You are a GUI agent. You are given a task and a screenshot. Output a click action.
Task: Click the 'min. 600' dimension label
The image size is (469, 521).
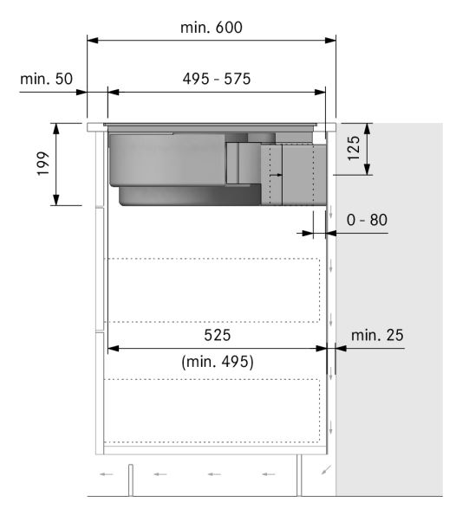[x=212, y=27]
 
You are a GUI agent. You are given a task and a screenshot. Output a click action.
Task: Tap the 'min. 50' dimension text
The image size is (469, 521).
[x=46, y=79]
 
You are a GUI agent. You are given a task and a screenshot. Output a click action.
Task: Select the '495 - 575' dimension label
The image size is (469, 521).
[x=217, y=79]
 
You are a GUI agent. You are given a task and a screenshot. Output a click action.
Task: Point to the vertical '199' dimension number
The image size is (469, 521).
[x=43, y=164]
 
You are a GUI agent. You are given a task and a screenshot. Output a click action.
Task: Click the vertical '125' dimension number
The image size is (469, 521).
[x=354, y=148]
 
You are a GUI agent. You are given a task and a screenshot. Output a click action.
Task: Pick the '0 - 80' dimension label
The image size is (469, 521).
[x=367, y=220]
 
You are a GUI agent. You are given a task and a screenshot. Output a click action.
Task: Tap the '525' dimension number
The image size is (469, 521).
[x=217, y=335]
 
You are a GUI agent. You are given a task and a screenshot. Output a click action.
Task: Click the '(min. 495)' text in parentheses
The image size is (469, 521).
[x=218, y=362]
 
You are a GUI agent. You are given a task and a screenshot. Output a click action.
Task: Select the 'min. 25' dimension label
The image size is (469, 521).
[x=377, y=335]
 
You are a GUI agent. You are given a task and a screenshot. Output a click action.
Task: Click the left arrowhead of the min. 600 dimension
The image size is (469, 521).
[x=92, y=40]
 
